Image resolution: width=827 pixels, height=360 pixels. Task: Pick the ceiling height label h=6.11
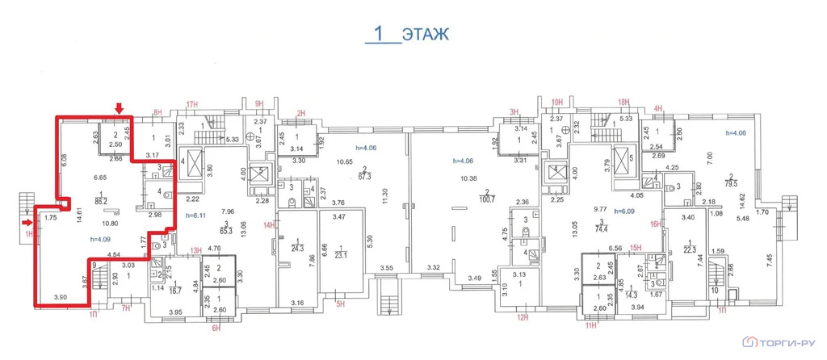pyautogui.click(x=197, y=215)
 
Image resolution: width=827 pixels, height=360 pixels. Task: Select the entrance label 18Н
pyautogui.click(x=622, y=103)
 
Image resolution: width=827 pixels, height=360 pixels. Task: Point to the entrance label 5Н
pyautogui.click(x=341, y=304)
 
